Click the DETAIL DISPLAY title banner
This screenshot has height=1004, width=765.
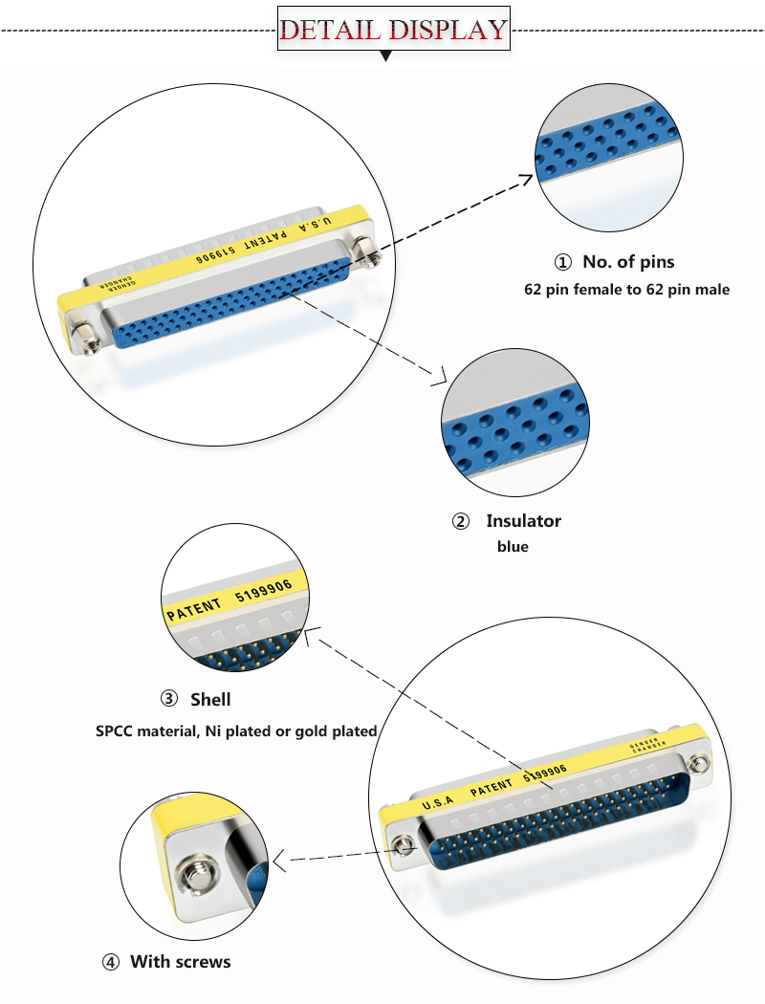pyautogui.click(x=393, y=30)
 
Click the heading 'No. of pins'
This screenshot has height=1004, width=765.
pyautogui.click(x=628, y=262)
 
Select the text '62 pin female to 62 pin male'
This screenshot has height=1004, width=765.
pyautogui.click(x=626, y=289)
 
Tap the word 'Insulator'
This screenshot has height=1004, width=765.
pyautogui.click(x=523, y=521)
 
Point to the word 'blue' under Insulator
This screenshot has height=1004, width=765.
pyautogui.click(x=513, y=547)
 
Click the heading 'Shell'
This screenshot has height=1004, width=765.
pyautogui.click(x=210, y=700)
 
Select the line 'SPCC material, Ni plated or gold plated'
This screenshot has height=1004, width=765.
pyautogui.click(x=236, y=731)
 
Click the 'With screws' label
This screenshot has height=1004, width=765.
pyautogui.click(x=180, y=961)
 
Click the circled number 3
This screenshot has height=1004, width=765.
pyautogui.click(x=169, y=700)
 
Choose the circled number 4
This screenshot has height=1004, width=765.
pyautogui.click(x=110, y=962)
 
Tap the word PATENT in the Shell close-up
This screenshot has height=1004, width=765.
pyautogui.click(x=194, y=608)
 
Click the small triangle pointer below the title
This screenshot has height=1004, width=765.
pyautogui.click(x=386, y=56)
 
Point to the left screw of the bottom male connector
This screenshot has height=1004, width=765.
pyautogui.click(x=405, y=845)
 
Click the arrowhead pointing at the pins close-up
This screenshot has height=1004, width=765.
pyautogui.click(x=528, y=177)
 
